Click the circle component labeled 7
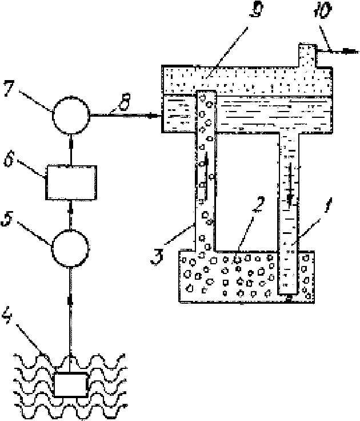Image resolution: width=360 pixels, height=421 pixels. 71,115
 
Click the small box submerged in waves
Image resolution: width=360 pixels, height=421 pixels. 71,384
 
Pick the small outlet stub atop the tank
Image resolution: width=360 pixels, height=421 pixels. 307,55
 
